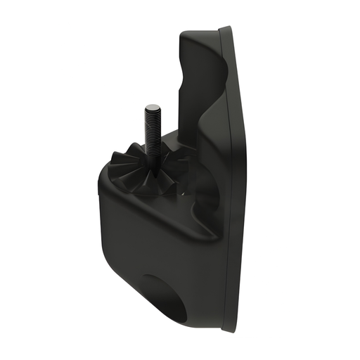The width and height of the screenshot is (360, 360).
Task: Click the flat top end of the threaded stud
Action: coord(151,107)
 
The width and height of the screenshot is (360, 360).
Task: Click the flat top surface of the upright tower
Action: coord(200,32)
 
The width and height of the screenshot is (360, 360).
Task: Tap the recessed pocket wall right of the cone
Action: coord(200,176)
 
